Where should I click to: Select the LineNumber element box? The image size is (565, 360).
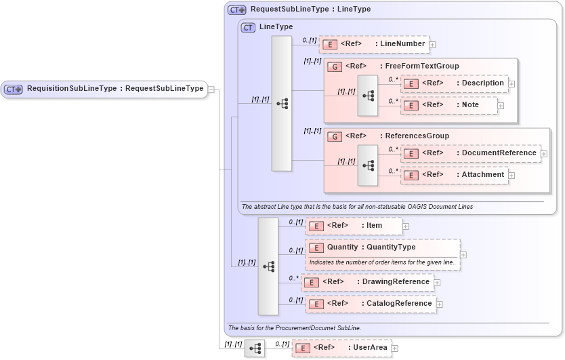374,44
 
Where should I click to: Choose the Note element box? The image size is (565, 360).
449,105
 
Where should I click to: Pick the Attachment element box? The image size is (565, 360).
455,175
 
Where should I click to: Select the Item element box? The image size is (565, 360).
354,226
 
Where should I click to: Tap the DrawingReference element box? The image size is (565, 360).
368,282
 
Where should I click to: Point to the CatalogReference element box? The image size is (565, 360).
371,304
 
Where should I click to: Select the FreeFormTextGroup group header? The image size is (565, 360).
393,66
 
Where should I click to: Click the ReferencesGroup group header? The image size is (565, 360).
388,136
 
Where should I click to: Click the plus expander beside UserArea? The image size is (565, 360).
395,348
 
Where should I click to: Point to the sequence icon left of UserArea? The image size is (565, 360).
255,348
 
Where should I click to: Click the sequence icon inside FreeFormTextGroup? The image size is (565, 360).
368,96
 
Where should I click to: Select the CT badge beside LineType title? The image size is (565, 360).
248,27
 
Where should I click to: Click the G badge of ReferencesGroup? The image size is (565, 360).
335,136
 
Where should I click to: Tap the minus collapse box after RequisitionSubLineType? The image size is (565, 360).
211,89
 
